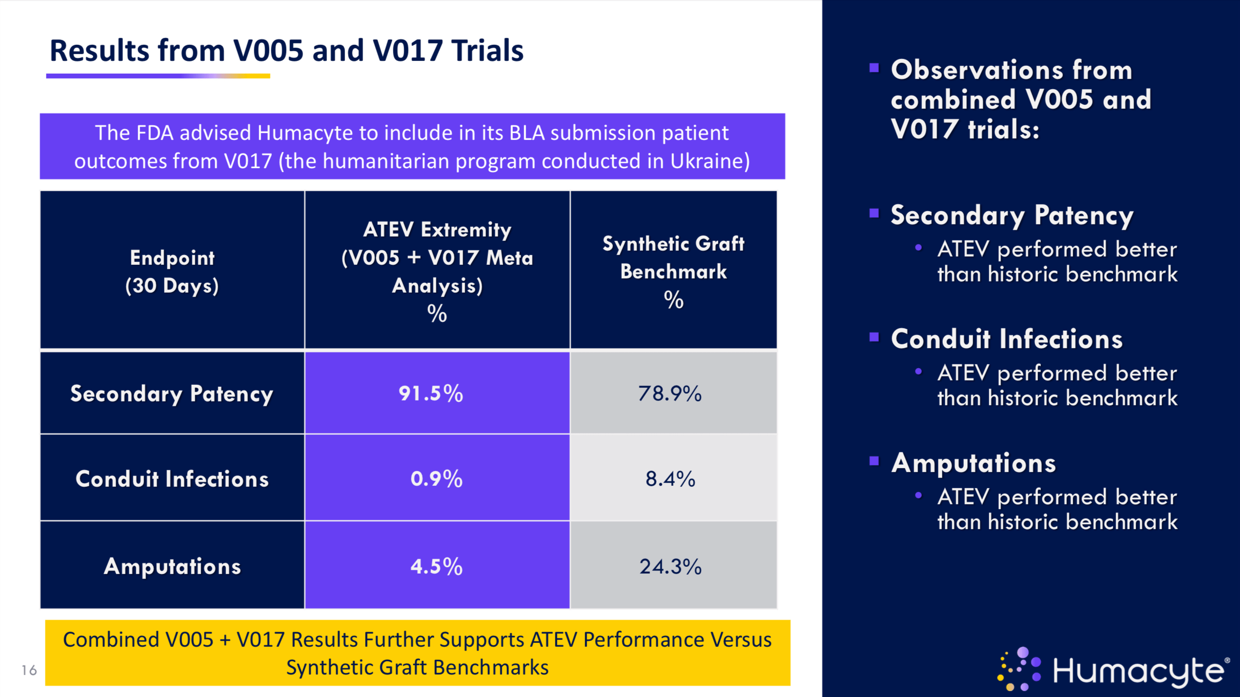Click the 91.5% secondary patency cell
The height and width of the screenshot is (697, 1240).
[431, 393]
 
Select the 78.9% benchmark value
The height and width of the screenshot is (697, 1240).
[670, 393]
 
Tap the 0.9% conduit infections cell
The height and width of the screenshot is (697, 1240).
[436, 478]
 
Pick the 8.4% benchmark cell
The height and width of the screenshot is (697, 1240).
[670, 478]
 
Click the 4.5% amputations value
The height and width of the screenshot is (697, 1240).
[436, 566]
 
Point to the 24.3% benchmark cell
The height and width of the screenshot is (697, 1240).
[670, 566]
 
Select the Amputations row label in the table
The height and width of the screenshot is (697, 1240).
[172, 566]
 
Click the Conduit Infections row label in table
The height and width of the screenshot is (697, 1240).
[172, 478]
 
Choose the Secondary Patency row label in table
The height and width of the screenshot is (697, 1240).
[172, 394]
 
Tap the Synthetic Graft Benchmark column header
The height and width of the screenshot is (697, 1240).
[673, 271]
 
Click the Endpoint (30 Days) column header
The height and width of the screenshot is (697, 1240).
[172, 271]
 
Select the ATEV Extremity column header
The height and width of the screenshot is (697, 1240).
[437, 271]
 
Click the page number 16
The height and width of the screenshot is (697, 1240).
[29, 670]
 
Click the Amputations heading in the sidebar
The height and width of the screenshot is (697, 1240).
[973, 462]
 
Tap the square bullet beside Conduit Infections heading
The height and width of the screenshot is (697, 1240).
[874, 337]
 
